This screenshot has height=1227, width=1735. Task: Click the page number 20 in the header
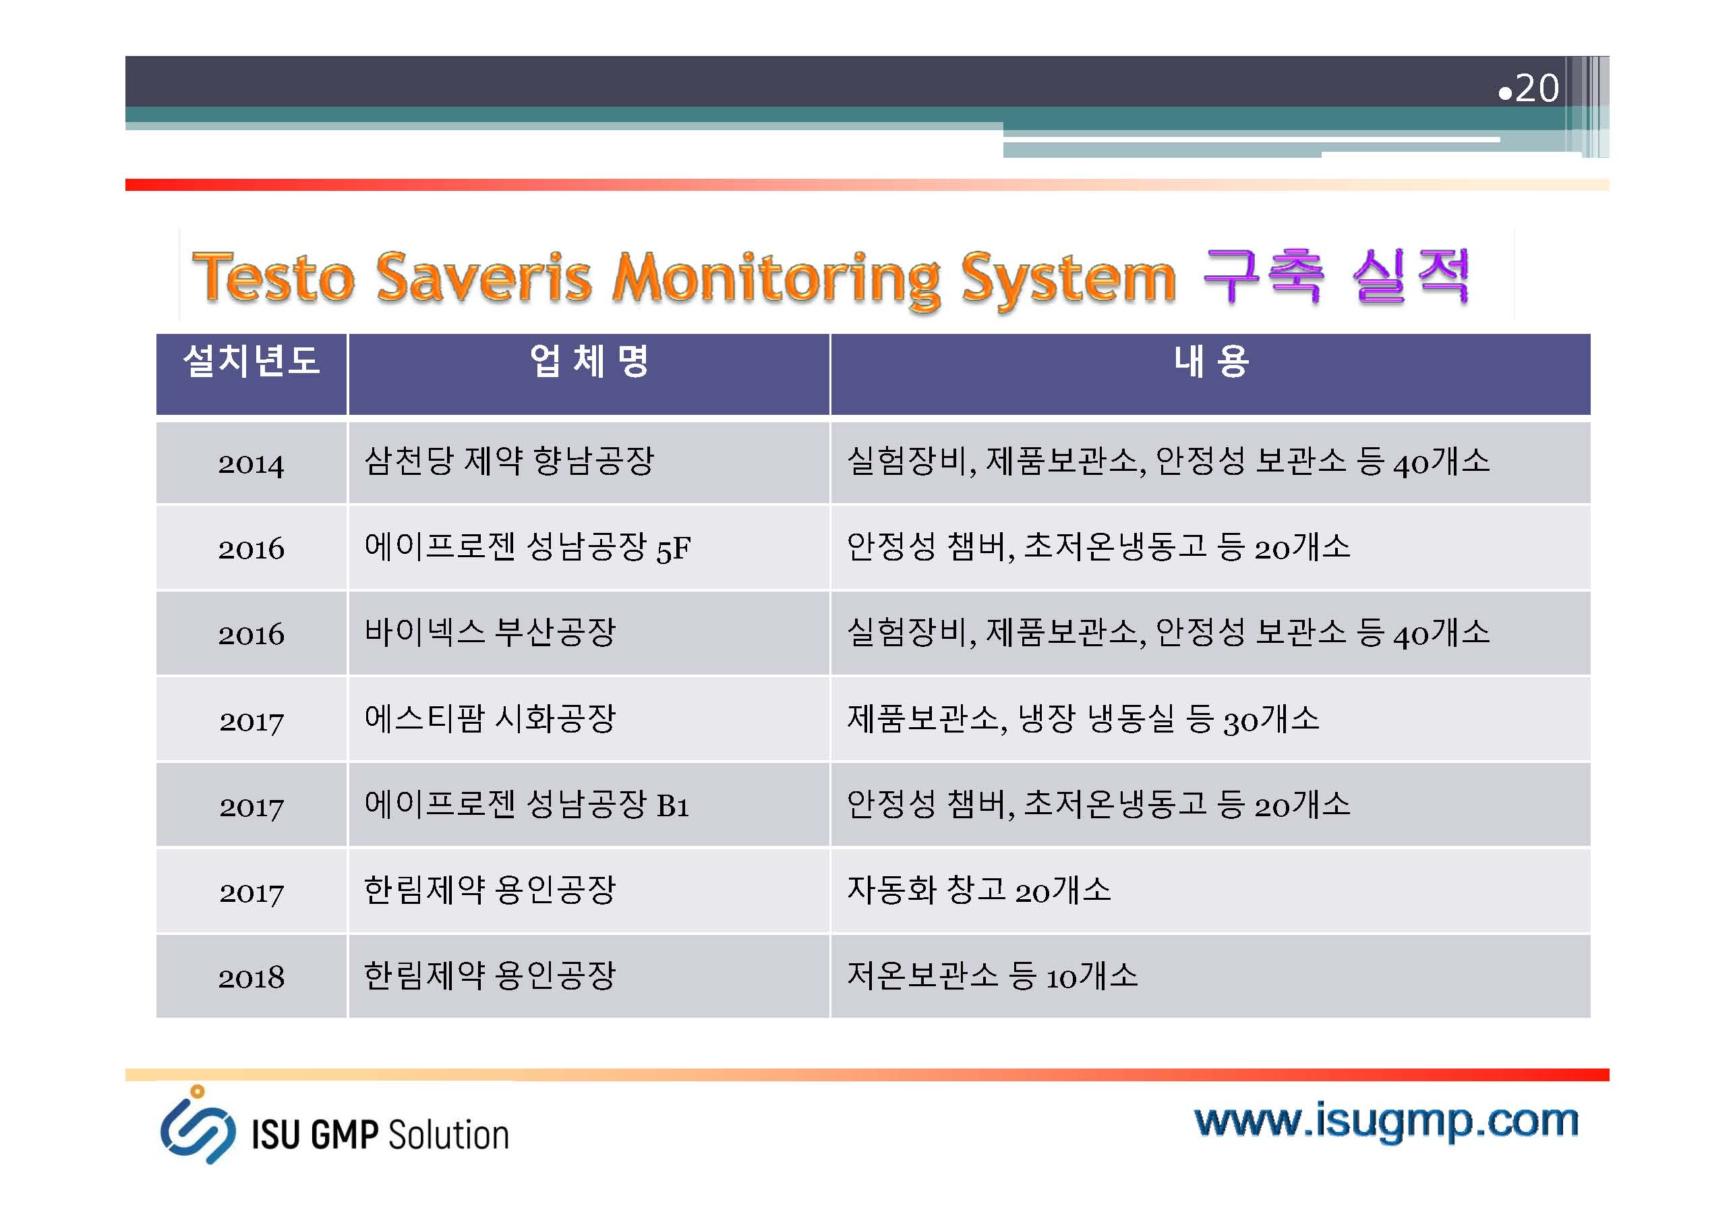coord(1537,88)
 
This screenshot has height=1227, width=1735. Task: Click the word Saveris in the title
coord(483,277)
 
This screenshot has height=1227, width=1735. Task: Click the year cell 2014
coord(252,463)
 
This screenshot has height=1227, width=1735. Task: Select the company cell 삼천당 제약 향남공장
coord(508,461)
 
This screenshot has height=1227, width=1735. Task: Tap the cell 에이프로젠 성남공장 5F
coord(527,546)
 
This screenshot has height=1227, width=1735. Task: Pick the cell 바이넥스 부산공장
coord(490,632)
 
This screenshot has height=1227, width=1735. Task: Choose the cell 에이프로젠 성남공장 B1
coord(527,803)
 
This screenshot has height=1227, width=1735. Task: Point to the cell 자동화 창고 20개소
coord(979,890)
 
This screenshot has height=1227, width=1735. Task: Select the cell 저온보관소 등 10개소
coord(992,975)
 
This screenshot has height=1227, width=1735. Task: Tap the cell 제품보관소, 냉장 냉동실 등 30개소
coord(1083,718)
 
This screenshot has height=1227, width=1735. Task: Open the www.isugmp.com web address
coord(1386,1121)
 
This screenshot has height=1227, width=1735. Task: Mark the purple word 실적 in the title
coord(1411,276)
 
